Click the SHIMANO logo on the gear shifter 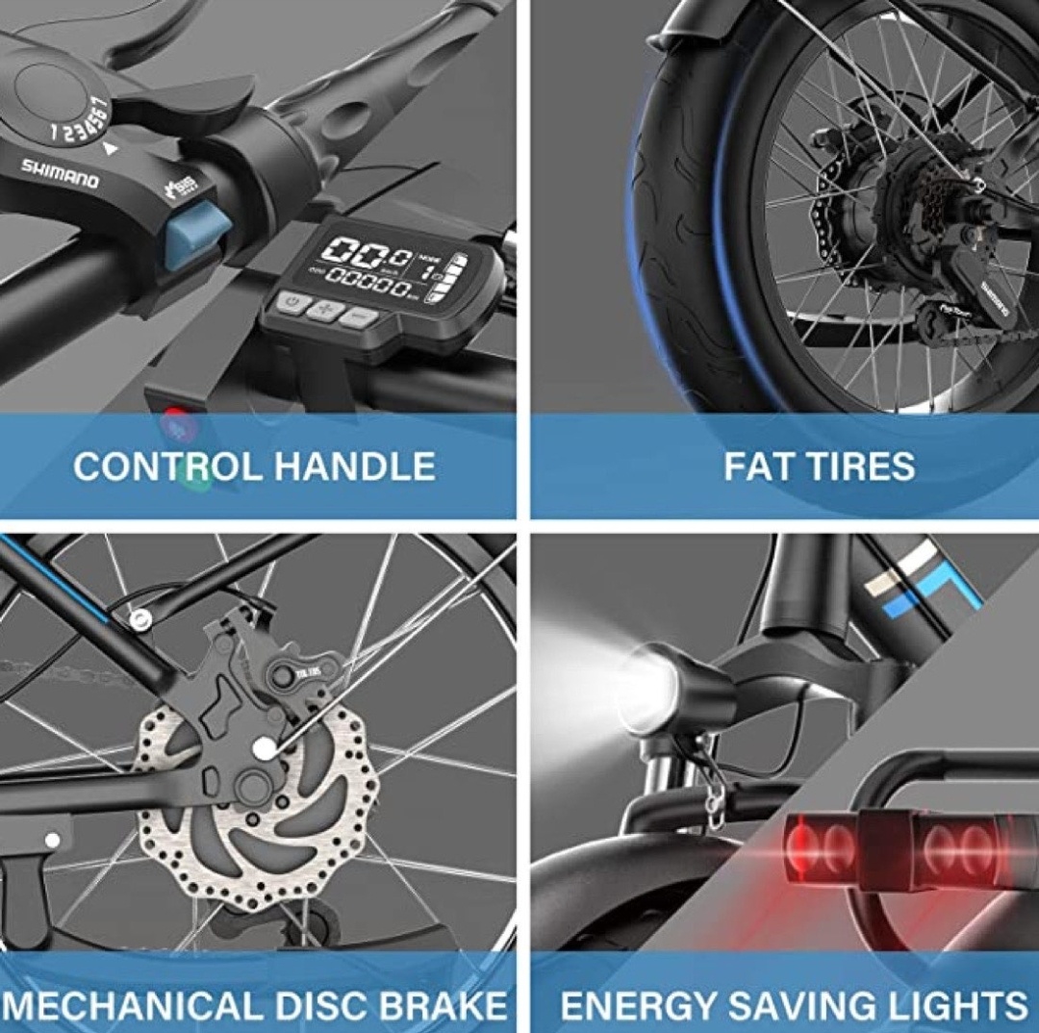[60, 173]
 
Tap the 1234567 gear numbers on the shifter [81, 119]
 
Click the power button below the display [290, 303]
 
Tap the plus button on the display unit [322, 309]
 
